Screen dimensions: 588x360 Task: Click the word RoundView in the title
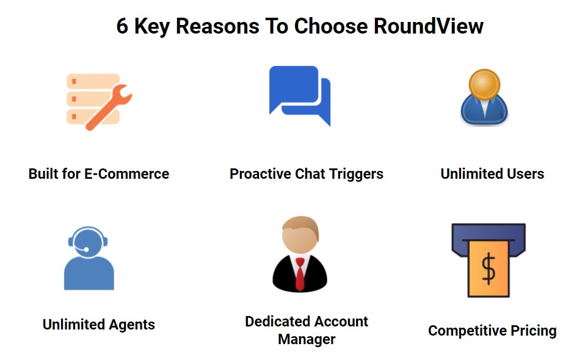428,26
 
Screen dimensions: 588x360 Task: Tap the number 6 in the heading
122,26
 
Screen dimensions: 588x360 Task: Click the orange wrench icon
109,107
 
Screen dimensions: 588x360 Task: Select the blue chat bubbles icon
300,96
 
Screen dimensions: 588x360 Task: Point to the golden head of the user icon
484,84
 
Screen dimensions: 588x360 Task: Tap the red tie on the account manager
300,274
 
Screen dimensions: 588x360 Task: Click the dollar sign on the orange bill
488,268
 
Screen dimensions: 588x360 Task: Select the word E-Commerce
126,174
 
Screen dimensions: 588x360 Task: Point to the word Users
525,174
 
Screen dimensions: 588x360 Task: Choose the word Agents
132,325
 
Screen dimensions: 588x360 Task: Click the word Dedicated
277,322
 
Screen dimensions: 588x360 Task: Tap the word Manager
307,339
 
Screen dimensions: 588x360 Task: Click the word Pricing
533,331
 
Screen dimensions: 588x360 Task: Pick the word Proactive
261,174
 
